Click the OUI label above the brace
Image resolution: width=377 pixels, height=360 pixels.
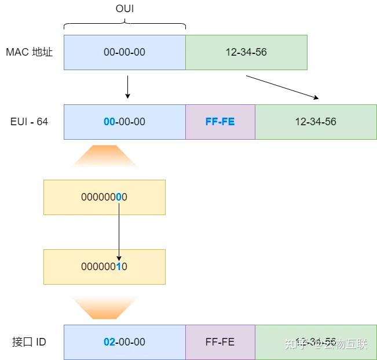click(x=125, y=9)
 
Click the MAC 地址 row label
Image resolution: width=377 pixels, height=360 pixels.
click(x=29, y=52)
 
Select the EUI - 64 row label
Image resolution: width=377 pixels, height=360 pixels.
click(x=29, y=122)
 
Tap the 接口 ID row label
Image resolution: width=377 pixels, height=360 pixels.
click(x=29, y=342)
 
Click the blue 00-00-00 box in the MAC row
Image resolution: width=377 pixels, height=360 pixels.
click(x=125, y=52)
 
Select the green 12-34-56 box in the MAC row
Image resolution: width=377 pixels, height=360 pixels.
click(x=246, y=52)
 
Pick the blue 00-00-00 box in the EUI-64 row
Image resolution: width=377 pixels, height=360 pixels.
click(x=125, y=122)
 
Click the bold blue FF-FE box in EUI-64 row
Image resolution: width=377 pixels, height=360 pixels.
click(x=220, y=122)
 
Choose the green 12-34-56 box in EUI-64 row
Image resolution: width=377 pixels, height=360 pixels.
click(x=316, y=122)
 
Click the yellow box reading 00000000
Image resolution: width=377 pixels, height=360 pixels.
click(x=104, y=197)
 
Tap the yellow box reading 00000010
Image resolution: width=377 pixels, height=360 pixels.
click(x=104, y=267)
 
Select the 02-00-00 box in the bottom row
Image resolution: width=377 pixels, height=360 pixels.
click(x=125, y=342)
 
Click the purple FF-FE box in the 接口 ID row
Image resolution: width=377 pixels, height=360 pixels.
click(x=220, y=342)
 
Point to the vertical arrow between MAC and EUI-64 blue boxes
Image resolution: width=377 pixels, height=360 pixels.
click(x=127, y=87)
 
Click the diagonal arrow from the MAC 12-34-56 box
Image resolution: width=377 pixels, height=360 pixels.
click(x=282, y=87)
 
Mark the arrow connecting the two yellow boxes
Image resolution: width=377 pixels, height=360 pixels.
click(x=119, y=232)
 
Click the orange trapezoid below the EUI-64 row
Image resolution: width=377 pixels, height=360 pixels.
click(x=105, y=156)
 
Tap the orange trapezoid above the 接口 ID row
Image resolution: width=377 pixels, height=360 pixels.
click(x=105, y=308)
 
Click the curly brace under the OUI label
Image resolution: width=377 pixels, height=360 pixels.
click(x=125, y=24)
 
